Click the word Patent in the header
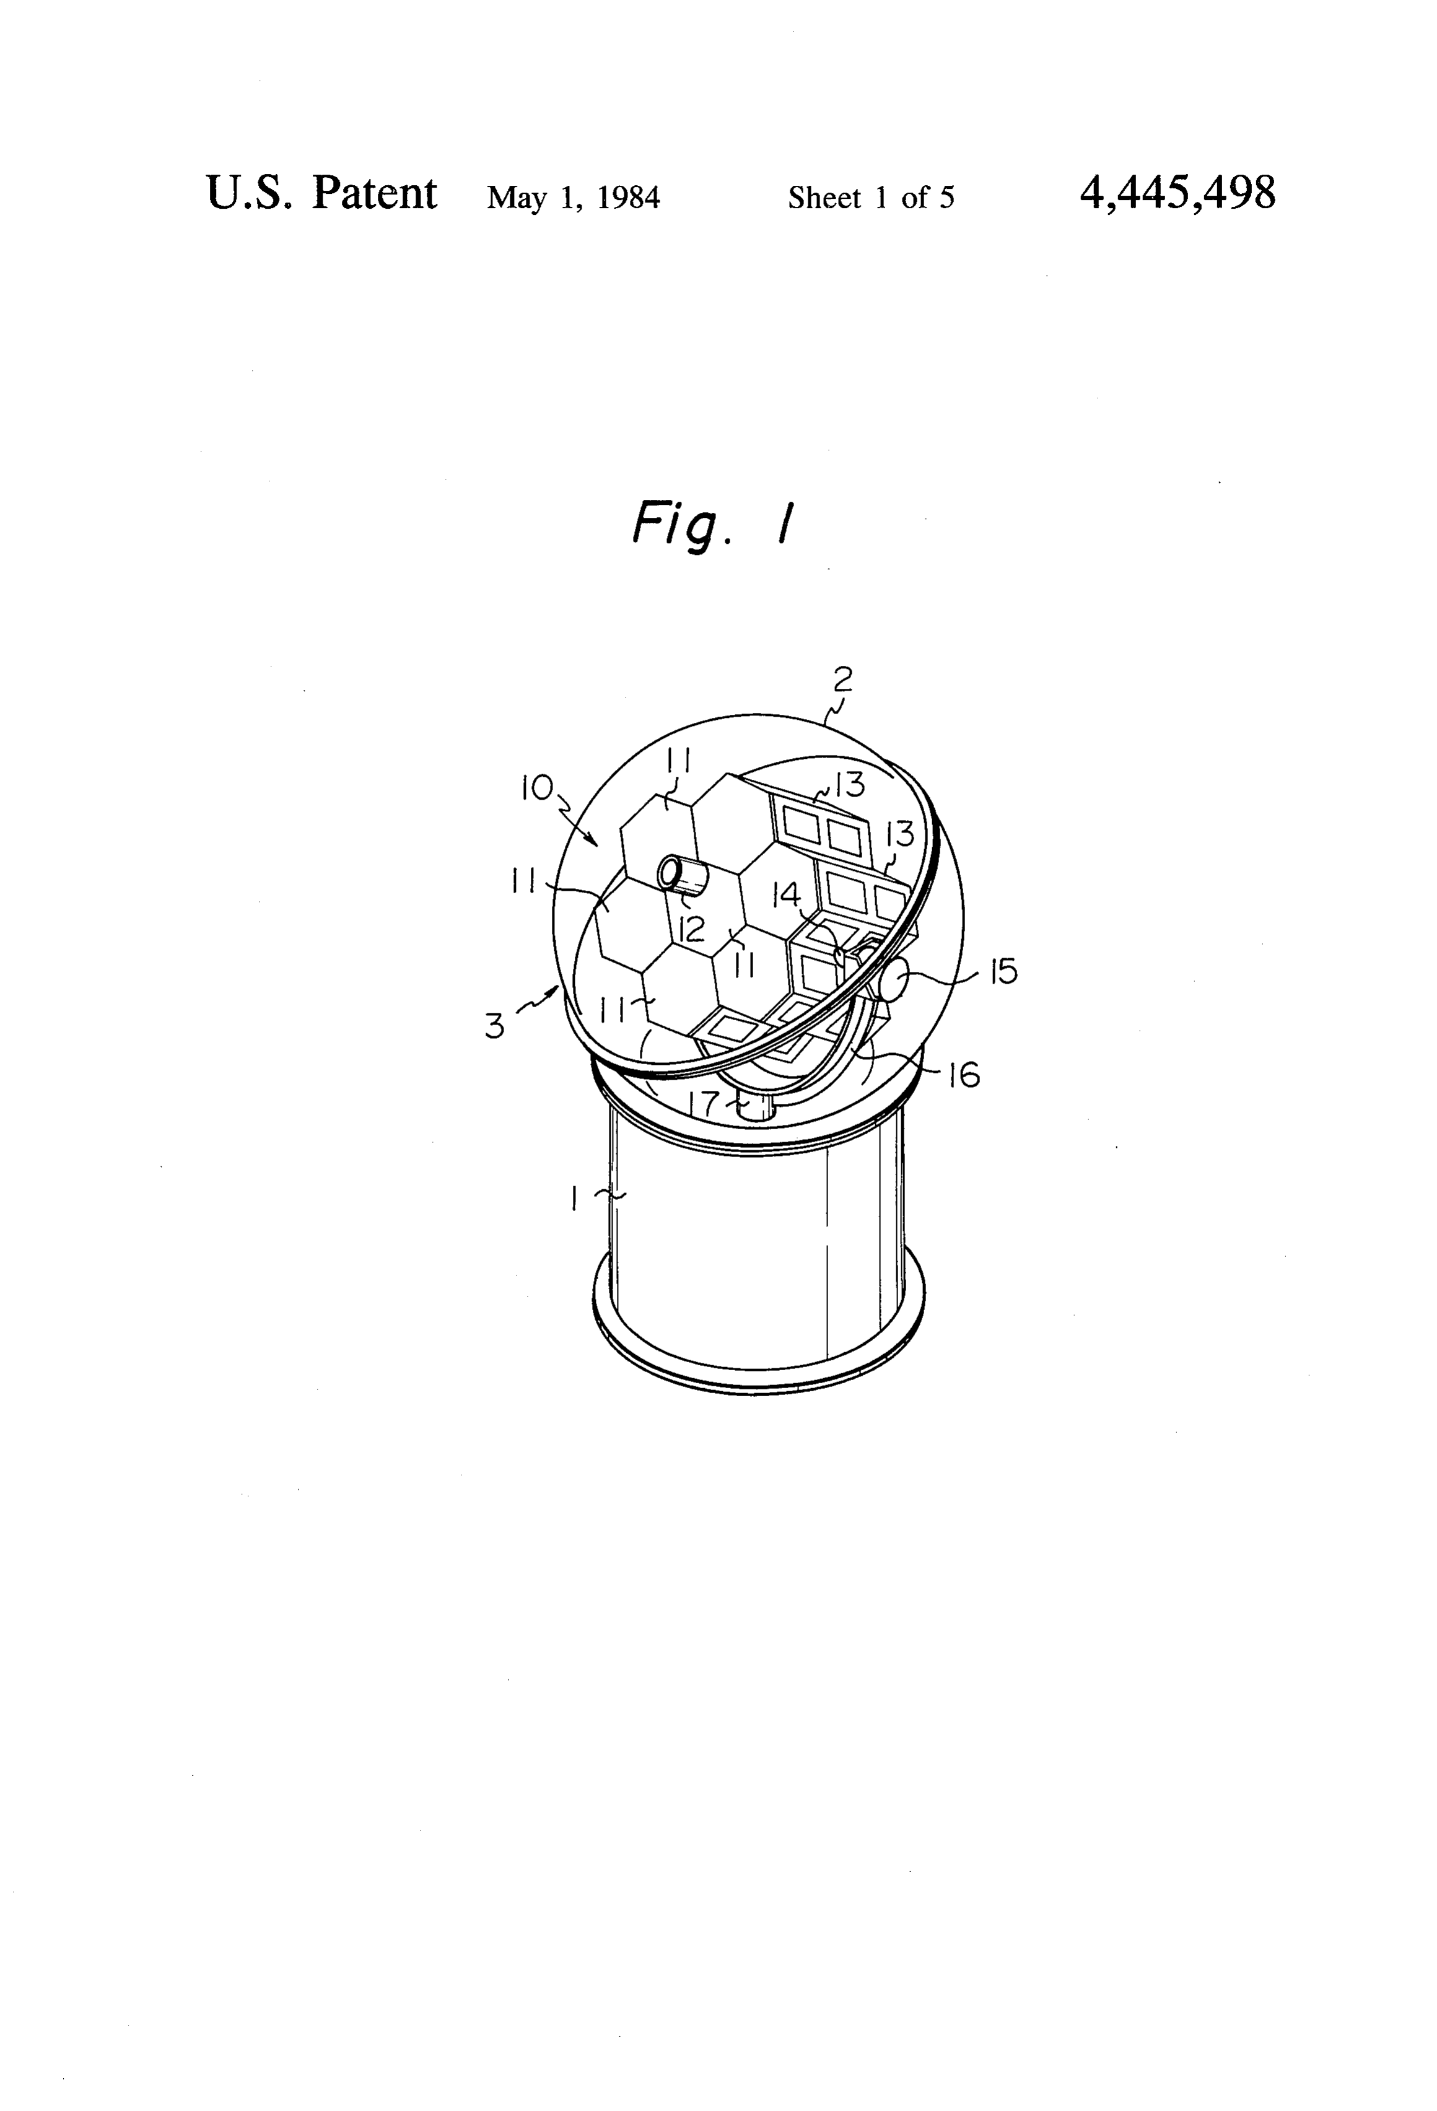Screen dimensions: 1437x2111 pos(374,193)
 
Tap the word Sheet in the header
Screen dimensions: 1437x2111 pos(824,197)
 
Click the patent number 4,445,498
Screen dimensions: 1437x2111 pos(1177,193)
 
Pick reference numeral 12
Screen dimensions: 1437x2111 pos(692,929)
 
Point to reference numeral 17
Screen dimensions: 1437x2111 pos(705,1103)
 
